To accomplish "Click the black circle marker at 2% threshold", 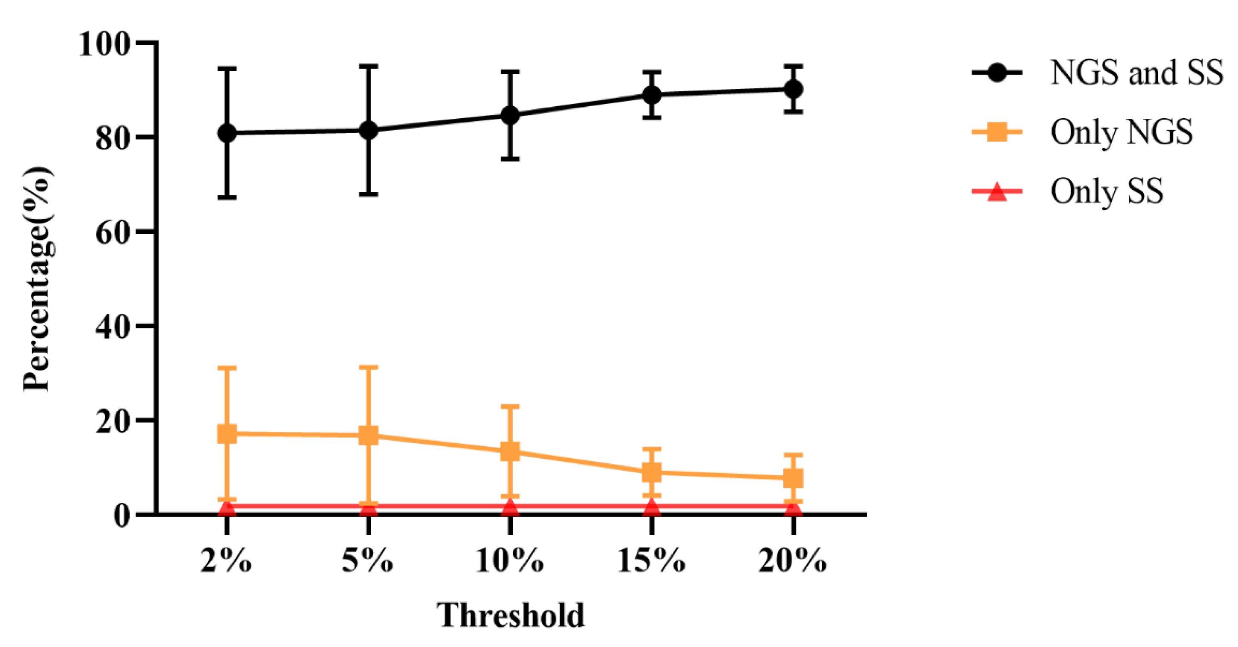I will (227, 133).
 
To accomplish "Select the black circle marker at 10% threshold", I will (510, 115).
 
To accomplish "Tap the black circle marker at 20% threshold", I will (793, 89).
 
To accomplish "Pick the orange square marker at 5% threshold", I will (368, 435).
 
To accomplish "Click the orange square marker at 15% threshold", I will (652, 472).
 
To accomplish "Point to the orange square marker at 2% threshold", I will (227, 433).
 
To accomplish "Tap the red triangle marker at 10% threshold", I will (510, 507).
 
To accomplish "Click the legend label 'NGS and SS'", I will (1136, 73).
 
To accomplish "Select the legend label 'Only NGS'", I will (1121, 132).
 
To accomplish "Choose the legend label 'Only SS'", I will (1107, 191).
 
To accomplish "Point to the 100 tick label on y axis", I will (104, 44).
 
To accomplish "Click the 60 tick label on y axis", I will (113, 233).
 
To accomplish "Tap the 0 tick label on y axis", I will (122, 516).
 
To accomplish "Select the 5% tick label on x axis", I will (368, 560).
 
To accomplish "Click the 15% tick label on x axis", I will (651, 560).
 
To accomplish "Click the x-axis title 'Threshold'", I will (510, 615).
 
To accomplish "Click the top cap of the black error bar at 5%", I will (368, 66).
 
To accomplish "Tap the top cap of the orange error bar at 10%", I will (510, 406).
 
